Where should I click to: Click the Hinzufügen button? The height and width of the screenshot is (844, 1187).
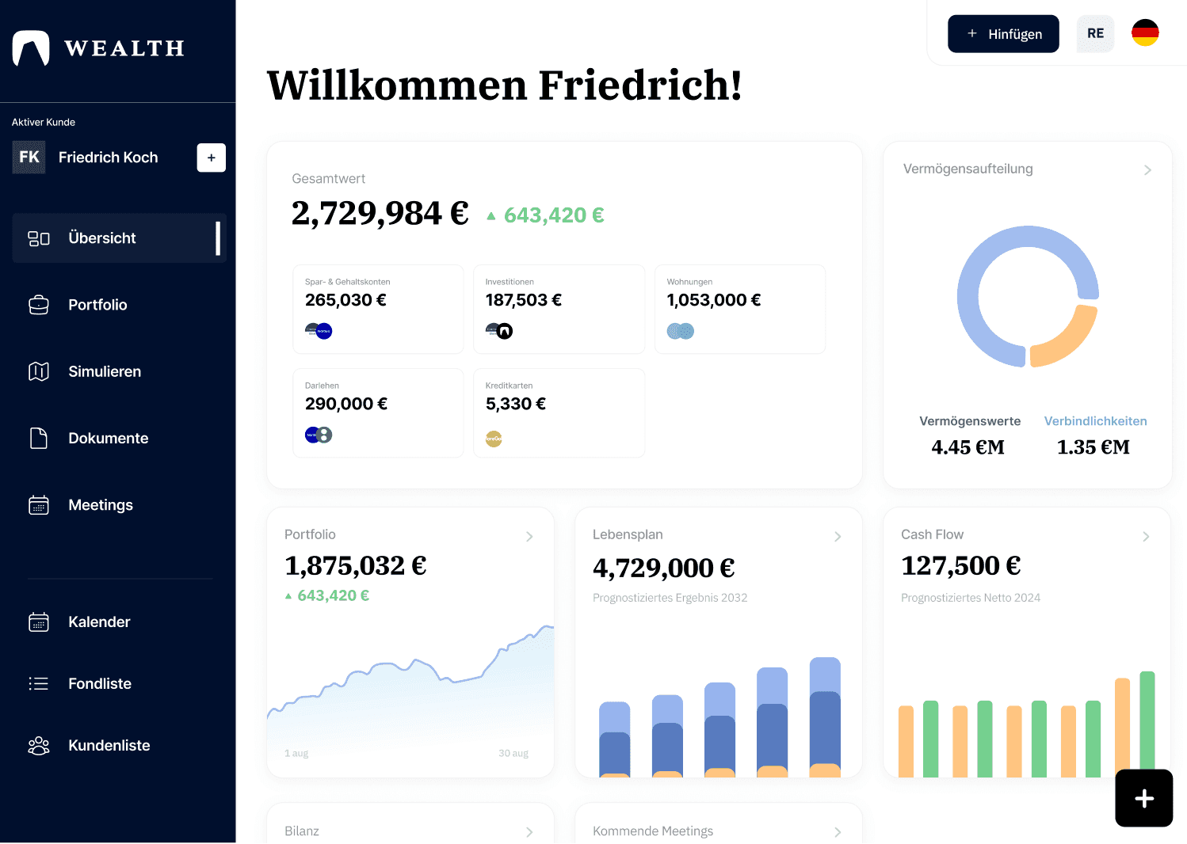pyautogui.click(x=1003, y=34)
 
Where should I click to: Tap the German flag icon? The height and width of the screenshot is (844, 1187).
pyautogui.click(x=1144, y=33)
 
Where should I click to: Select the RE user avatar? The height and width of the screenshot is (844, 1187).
pyautogui.click(x=1095, y=33)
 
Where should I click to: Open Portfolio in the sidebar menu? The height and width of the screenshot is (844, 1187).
pyautogui.click(x=97, y=305)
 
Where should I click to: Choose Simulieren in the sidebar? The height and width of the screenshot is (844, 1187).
pyautogui.click(x=105, y=371)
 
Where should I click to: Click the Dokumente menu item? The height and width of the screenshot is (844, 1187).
pyautogui.click(x=108, y=438)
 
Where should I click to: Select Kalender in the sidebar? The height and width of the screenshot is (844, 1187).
pyautogui.click(x=99, y=622)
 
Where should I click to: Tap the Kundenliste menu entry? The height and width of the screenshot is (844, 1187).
pyautogui.click(x=109, y=745)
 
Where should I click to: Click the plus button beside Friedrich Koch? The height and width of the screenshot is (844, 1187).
pyautogui.click(x=211, y=158)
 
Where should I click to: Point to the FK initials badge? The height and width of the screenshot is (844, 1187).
pyautogui.click(x=29, y=157)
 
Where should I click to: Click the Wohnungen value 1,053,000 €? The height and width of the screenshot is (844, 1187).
pyautogui.click(x=713, y=300)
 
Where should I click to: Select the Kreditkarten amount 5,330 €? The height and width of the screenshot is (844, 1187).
pyautogui.click(x=515, y=404)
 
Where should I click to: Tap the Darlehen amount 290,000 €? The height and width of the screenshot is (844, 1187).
pyautogui.click(x=345, y=404)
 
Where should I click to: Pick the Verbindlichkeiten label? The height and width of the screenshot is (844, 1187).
pyautogui.click(x=1095, y=421)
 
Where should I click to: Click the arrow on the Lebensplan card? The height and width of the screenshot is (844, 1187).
pyautogui.click(x=838, y=537)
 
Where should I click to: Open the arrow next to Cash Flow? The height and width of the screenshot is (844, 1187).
pyautogui.click(x=1146, y=537)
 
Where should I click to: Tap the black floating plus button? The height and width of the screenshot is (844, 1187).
pyautogui.click(x=1143, y=798)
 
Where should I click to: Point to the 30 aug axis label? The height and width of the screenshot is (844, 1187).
pyautogui.click(x=513, y=753)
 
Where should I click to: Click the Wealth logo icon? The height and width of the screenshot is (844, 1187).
pyautogui.click(x=31, y=48)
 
